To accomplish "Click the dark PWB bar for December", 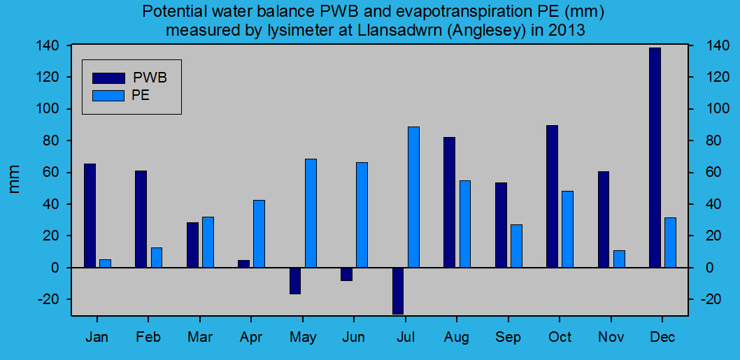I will (x=655, y=157).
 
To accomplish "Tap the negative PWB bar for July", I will (x=398, y=291).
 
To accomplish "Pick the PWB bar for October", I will (x=552, y=196).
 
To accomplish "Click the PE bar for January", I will (x=105, y=264).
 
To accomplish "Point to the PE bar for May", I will (x=311, y=213).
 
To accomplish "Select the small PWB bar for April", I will (x=243, y=264).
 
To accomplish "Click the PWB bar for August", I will (x=449, y=202).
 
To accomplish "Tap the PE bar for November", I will (x=619, y=259).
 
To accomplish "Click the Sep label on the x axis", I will (x=508, y=338).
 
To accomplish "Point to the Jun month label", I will (x=354, y=338).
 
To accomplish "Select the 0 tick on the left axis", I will (x=61, y=268).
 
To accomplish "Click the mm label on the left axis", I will (x=15, y=180).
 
